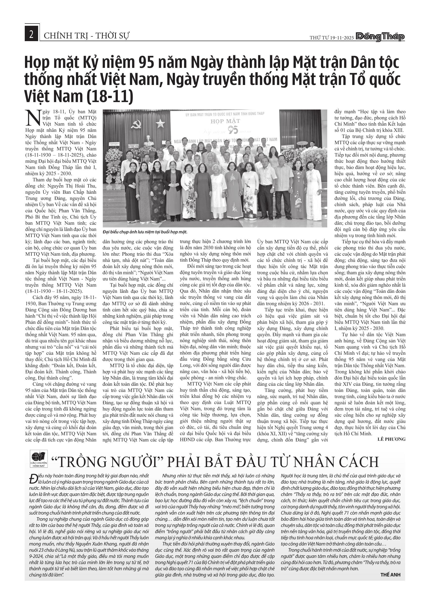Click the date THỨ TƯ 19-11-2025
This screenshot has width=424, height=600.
click(332, 38)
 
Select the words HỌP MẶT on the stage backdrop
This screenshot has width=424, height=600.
click(225, 121)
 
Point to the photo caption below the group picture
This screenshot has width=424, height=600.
click(145, 232)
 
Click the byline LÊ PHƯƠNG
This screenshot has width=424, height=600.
click(391, 439)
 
